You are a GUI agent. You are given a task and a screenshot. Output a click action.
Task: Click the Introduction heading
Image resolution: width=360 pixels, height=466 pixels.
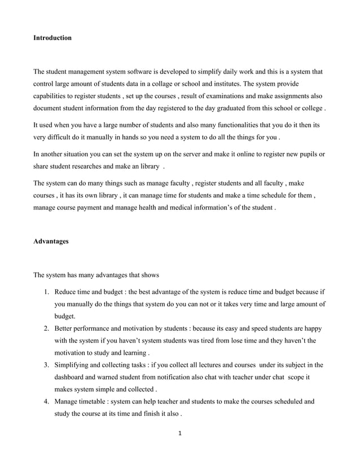tap(52, 38)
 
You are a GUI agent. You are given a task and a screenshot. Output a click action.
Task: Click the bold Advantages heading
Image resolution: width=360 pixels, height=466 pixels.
tap(51, 241)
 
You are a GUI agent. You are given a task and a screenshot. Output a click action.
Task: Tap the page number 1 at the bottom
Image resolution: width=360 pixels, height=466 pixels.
tap(179, 434)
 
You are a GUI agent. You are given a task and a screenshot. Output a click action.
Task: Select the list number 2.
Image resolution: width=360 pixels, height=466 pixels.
tap(47, 328)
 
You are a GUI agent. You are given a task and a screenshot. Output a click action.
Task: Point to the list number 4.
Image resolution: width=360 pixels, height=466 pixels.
tap(47, 403)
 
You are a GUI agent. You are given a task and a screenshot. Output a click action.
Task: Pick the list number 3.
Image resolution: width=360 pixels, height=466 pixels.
tap(47, 366)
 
